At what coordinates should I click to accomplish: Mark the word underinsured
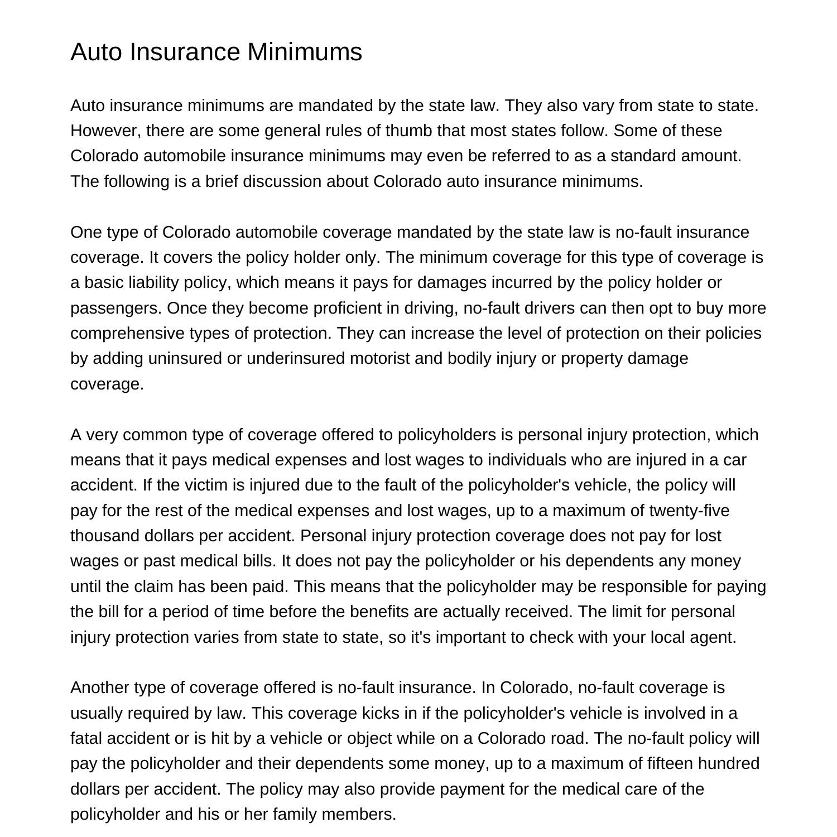click(x=296, y=358)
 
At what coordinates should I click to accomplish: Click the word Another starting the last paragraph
click(x=100, y=687)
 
